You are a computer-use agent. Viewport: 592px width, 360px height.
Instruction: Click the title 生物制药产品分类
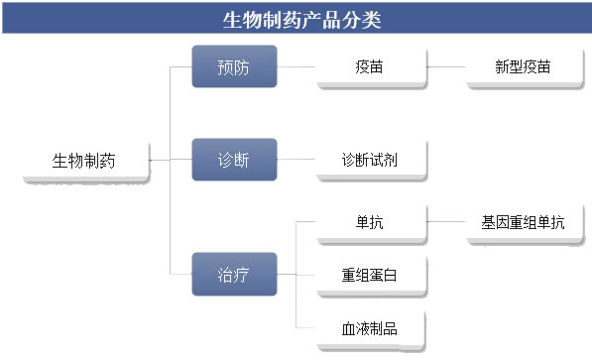pos(296,19)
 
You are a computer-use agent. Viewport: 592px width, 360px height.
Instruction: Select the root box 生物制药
pos(85,160)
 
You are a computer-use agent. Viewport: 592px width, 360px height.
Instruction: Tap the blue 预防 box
pos(234,67)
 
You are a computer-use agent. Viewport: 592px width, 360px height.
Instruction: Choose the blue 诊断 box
pos(234,160)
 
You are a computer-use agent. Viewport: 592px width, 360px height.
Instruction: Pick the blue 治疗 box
pos(234,274)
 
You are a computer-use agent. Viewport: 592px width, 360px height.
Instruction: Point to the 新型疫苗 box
pos(523,67)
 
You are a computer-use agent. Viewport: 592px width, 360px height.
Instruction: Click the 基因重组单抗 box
pos(523,223)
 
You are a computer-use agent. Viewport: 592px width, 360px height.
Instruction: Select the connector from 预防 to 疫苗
pos(296,67)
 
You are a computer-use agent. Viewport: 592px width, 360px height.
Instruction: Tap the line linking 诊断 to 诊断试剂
pos(296,160)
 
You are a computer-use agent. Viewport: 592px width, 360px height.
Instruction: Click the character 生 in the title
pos(229,19)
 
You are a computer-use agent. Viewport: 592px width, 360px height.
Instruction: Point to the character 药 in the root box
pos(107,160)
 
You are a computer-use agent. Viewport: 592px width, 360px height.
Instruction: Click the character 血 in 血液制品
pos(347,328)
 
